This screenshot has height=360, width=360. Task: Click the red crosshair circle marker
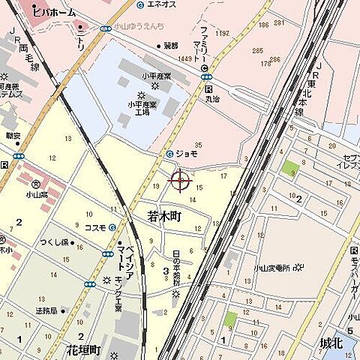pyautogui.click(x=180, y=180)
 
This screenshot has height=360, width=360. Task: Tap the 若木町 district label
pyautogui.click(x=164, y=216)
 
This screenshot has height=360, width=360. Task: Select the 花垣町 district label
pyautogui.click(x=83, y=349)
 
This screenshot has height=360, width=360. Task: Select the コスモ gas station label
pyautogui.click(x=94, y=227)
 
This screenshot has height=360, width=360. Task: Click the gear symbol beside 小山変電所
pyautogui.click(x=298, y=267)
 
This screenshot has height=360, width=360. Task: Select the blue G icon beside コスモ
pyautogui.click(x=111, y=227)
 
